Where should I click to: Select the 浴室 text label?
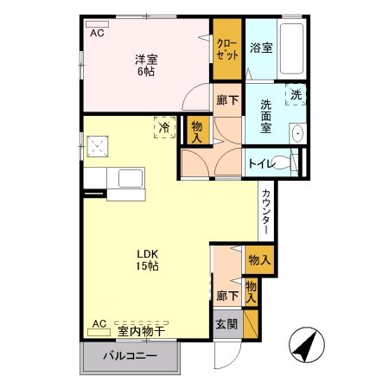point(260,48)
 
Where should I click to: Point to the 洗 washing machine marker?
point(296,96)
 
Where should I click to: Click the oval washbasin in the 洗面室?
point(297,133)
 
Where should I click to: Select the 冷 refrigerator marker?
point(163,127)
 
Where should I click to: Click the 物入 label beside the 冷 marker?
point(198,131)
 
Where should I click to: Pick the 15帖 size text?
point(145,266)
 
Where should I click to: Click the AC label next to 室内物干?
point(99,323)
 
